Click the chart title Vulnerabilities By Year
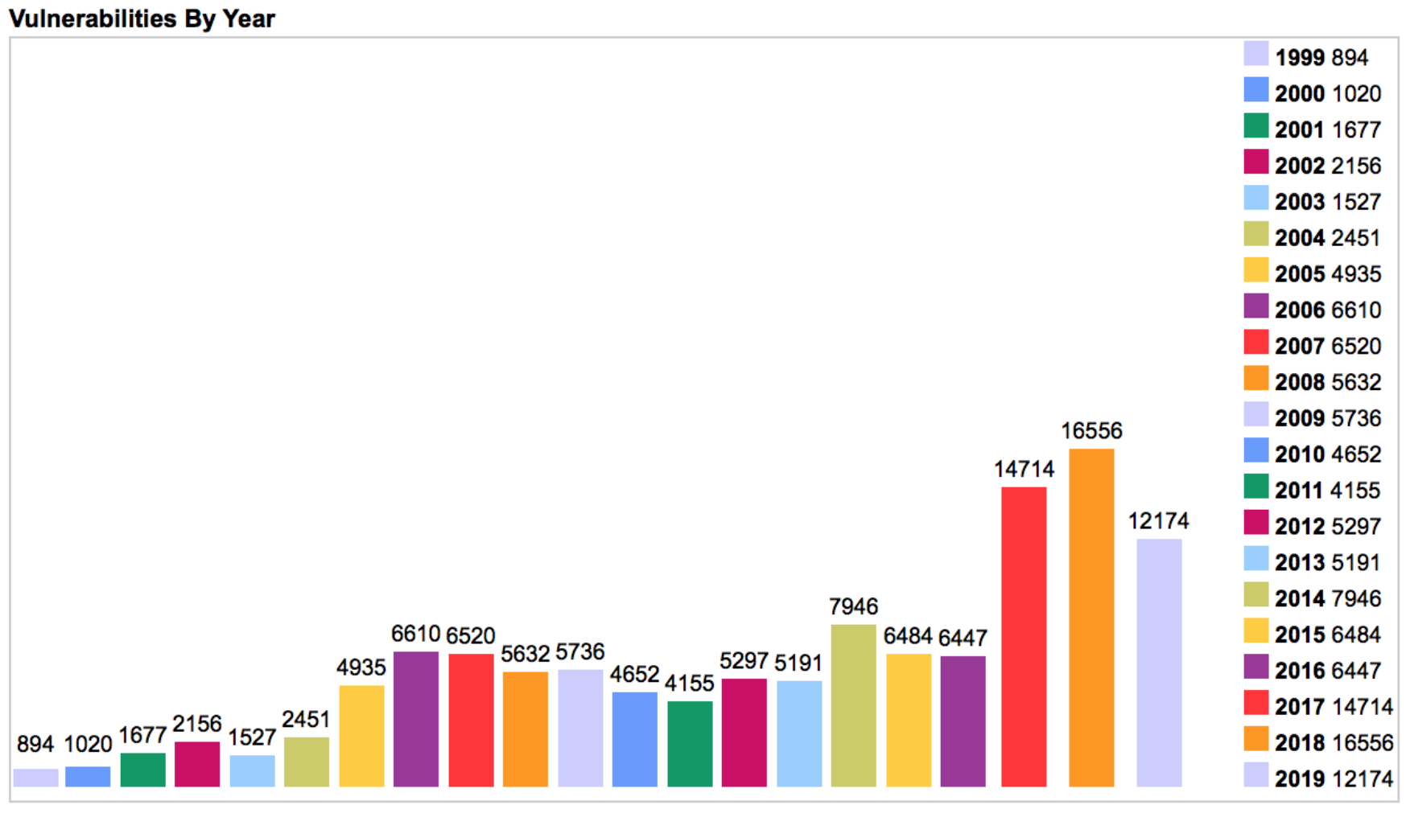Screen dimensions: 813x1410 coord(142,18)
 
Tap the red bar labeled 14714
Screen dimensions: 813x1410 coord(1024,636)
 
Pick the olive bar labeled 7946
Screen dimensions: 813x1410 coord(853,705)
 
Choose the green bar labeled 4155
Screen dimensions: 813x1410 coord(690,743)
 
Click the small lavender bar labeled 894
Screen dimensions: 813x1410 coord(35,778)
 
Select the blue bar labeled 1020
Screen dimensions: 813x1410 coord(88,776)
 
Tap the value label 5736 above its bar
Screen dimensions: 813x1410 coord(579,652)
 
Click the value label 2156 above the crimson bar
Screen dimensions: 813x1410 coord(197,724)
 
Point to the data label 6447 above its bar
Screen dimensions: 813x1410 coord(963,638)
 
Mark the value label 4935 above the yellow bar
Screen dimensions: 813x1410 coord(361,667)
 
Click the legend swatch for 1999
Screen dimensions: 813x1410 coord(1255,54)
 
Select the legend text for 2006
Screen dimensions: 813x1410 coord(1328,310)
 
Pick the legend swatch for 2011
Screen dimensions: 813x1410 coord(1255,487)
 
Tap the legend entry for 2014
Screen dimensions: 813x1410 coord(1328,598)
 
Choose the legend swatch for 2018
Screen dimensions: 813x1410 coord(1255,739)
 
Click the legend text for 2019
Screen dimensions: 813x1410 coord(1334,778)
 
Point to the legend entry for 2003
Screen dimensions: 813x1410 coord(1328,202)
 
